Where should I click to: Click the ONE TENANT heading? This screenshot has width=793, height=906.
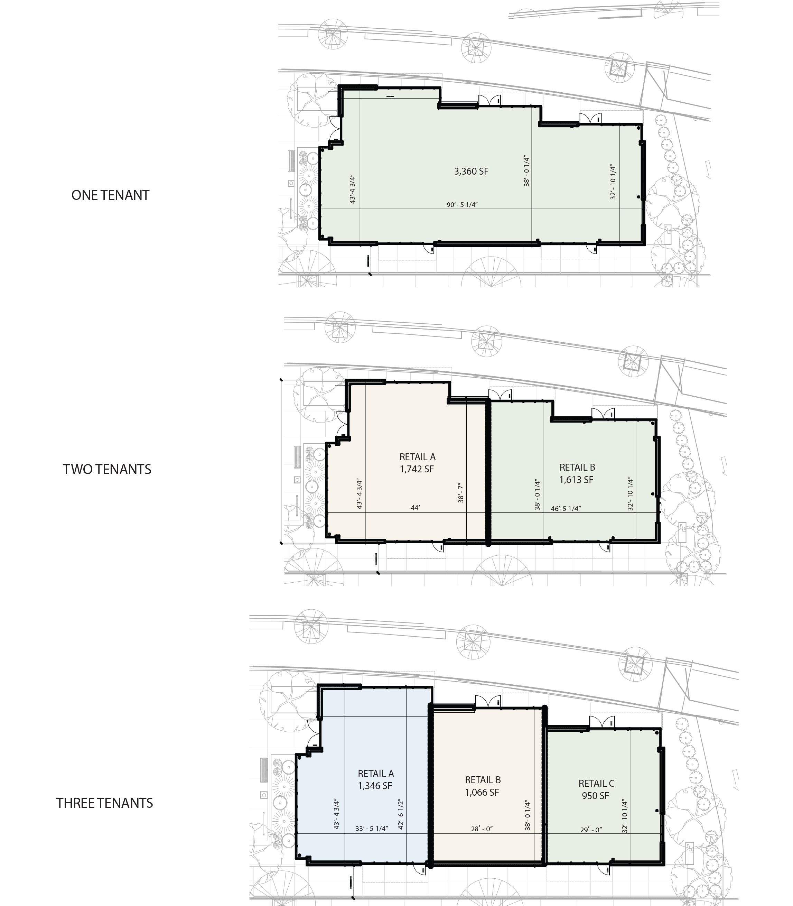(x=110, y=195)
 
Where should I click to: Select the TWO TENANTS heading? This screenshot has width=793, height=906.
(x=107, y=469)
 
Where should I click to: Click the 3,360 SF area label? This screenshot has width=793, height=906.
(x=471, y=171)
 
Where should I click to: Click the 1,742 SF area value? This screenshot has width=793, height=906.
(x=417, y=469)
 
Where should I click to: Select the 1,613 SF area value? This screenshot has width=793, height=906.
(x=576, y=480)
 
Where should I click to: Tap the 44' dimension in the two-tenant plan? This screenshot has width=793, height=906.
(x=415, y=508)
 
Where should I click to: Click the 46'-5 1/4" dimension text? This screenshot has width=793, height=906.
(x=566, y=509)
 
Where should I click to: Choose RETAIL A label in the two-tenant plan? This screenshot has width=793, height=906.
(x=418, y=457)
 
